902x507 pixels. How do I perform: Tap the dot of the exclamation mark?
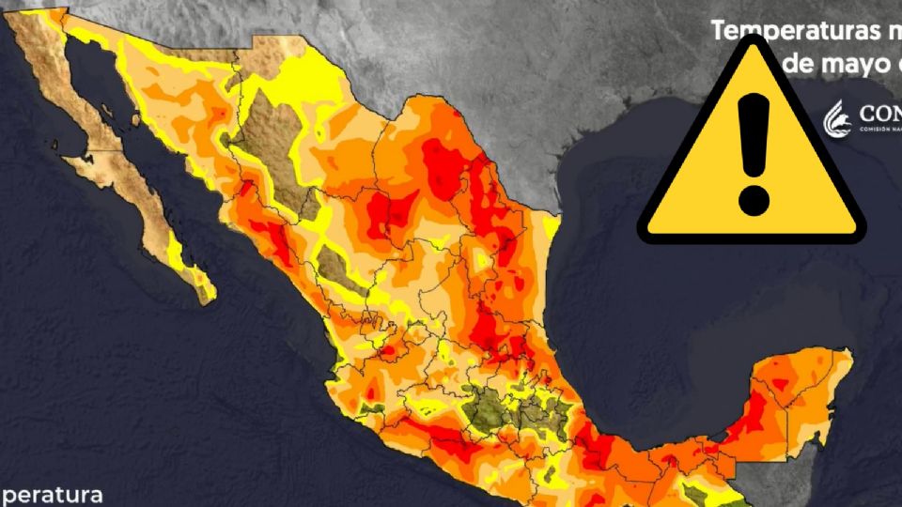[754, 199]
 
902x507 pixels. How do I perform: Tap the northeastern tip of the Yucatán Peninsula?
[845, 354]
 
